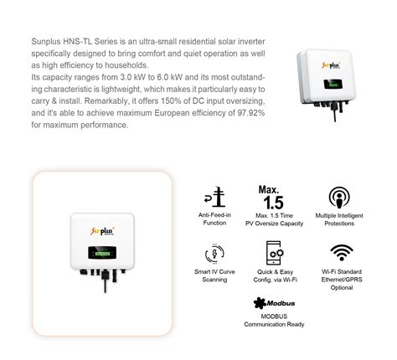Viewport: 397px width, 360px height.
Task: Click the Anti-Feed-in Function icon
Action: click(x=215, y=198)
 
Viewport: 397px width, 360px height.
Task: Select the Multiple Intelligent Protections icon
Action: click(x=339, y=198)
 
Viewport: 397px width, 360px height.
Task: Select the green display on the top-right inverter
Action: click(x=333, y=85)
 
